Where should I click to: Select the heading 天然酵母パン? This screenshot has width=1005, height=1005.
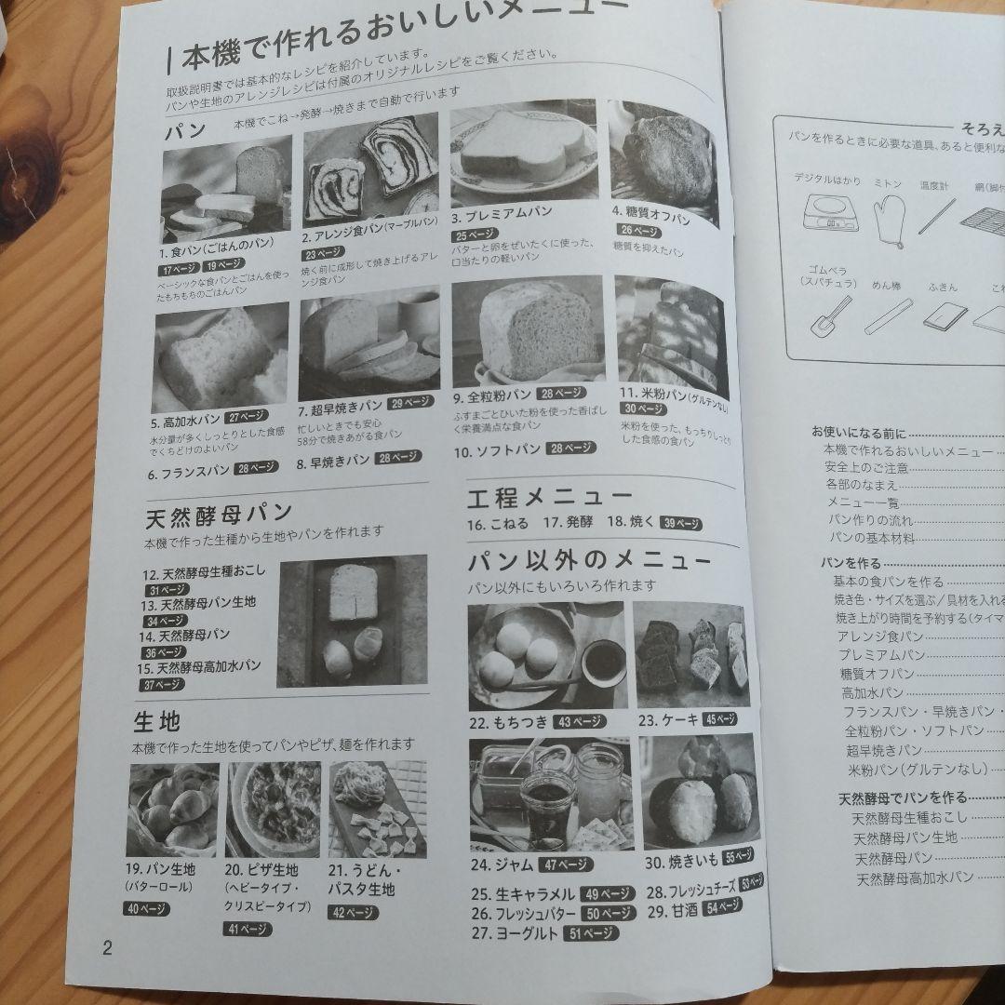click(220, 514)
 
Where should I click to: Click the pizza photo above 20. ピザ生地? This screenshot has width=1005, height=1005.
click(275, 809)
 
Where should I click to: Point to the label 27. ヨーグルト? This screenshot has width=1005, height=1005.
click(515, 932)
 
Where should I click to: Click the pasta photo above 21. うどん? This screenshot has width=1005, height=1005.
click(377, 809)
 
